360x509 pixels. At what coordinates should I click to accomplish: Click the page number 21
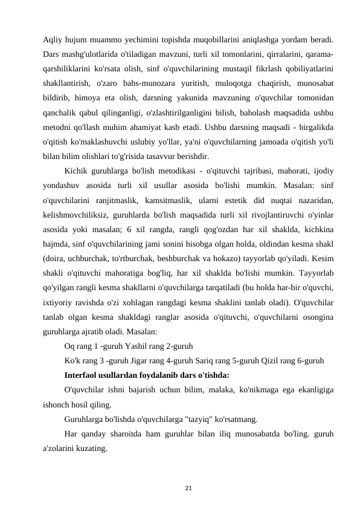[x=180, y=486]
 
